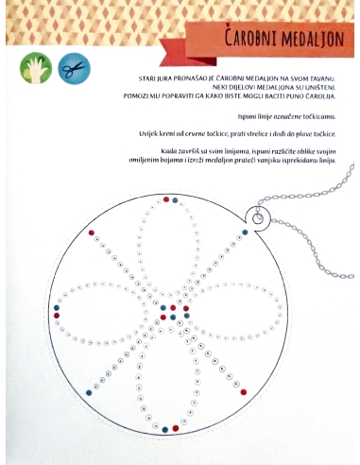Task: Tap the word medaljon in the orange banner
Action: (313, 39)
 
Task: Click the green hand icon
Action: (36, 68)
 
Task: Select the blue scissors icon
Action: (75, 69)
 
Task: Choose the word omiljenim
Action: (141, 161)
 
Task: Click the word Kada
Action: (167, 151)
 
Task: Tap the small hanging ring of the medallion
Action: (258, 218)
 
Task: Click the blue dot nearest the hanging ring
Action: (245, 232)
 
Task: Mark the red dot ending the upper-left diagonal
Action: (92, 232)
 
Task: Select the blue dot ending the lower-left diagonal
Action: (89, 393)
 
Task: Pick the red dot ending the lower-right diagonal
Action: (244, 392)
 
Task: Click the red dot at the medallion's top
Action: (166, 199)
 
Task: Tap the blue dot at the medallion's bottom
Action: (165, 430)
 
